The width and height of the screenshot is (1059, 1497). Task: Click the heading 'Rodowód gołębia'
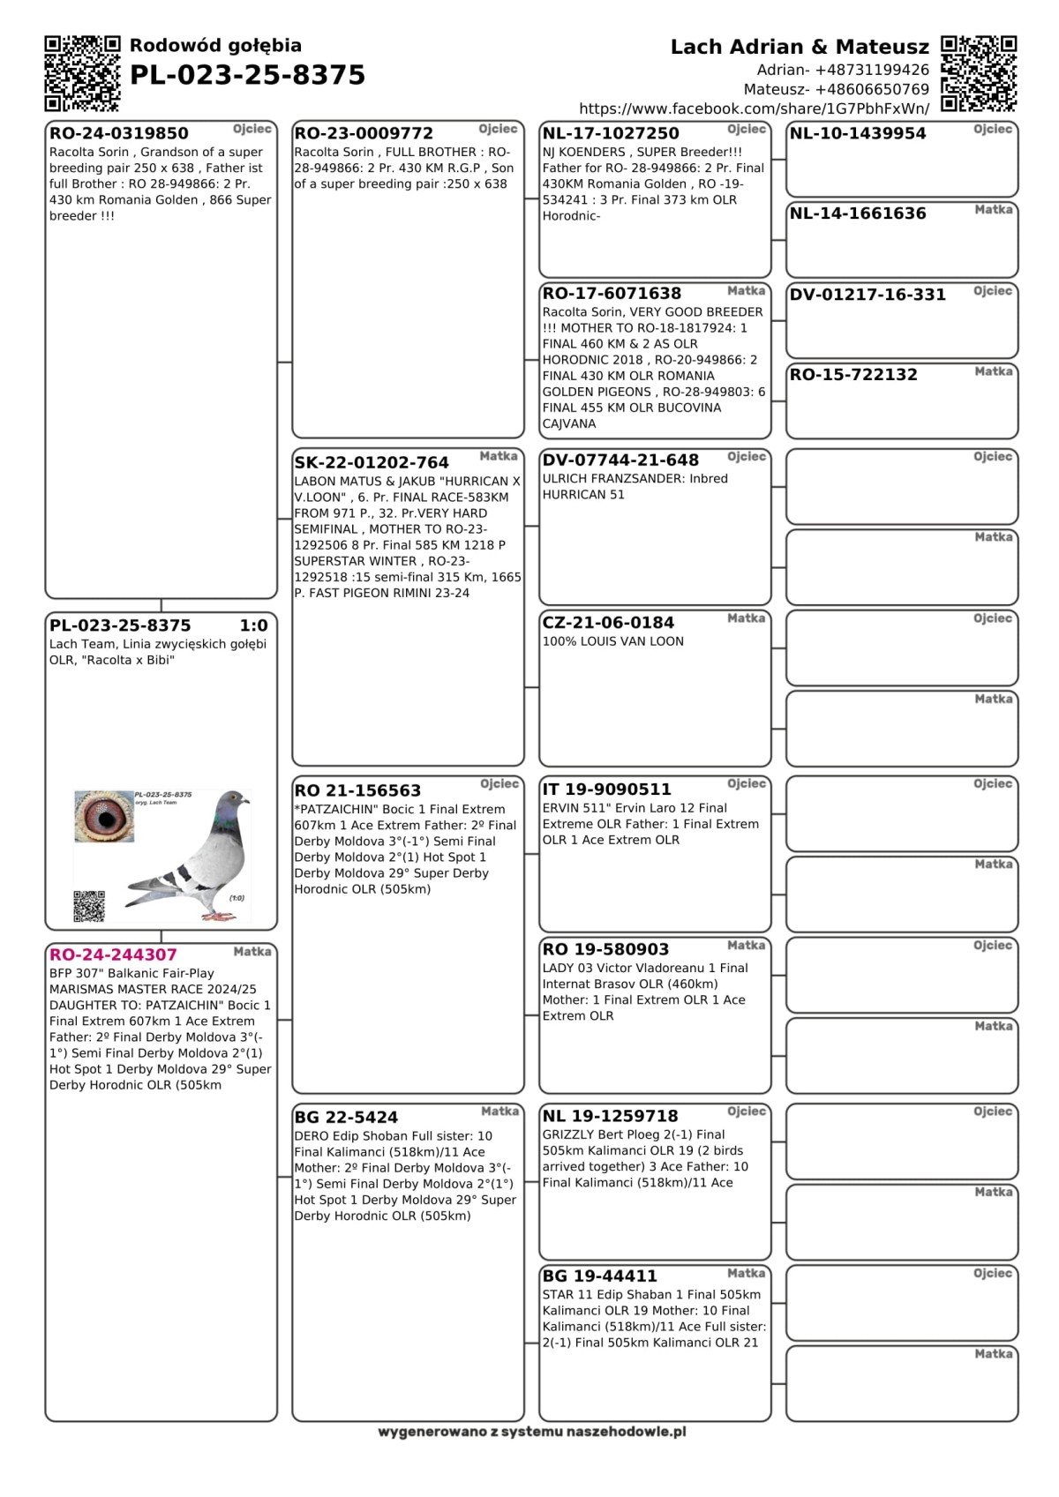point(215,46)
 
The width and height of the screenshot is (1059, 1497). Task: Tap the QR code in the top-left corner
point(82,73)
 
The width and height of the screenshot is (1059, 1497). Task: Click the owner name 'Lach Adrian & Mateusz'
point(800,47)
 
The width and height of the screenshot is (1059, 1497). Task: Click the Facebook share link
point(754,109)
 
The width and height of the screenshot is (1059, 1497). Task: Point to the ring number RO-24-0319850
point(119,134)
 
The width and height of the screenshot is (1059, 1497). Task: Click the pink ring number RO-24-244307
point(113,954)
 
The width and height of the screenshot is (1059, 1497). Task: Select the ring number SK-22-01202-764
point(372,462)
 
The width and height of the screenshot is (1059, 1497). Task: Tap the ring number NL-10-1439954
point(858,134)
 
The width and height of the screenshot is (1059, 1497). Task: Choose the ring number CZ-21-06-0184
point(608,623)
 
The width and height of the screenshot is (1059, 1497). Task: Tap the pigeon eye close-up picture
point(105,816)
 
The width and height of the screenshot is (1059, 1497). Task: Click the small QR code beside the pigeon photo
point(89,906)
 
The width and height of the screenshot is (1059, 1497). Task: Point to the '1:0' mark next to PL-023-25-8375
point(253,625)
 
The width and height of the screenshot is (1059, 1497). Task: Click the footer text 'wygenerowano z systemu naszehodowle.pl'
point(531,1432)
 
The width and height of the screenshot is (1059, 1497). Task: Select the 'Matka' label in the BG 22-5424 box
point(499,1112)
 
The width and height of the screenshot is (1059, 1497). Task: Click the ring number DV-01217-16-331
point(867,295)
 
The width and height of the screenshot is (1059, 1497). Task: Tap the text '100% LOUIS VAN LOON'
point(613,641)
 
